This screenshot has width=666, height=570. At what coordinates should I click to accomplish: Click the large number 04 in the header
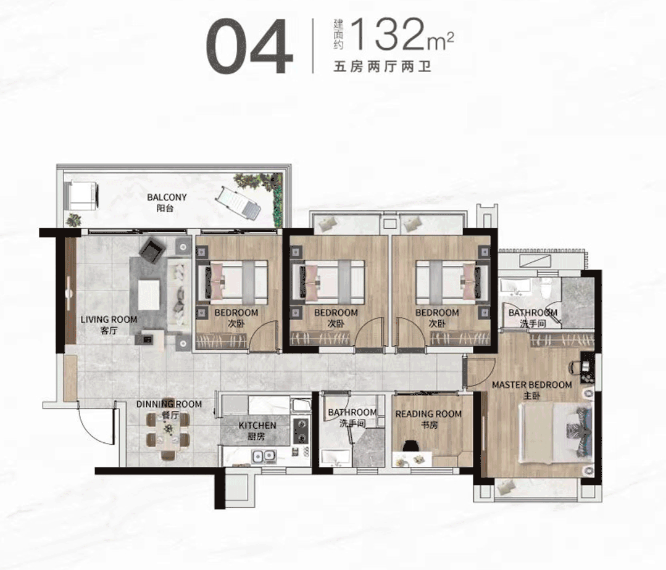[249, 47]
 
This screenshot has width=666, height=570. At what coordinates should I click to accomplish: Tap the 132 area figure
[389, 34]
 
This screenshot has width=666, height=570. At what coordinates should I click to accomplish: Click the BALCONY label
[167, 197]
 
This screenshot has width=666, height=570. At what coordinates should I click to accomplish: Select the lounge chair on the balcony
[238, 203]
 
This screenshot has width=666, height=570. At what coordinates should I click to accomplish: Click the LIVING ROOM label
[109, 320]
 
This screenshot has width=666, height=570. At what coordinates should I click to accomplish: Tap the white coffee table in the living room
[148, 294]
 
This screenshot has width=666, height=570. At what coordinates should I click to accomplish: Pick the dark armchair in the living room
[152, 250]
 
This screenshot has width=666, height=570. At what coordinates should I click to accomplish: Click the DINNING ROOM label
[169, 404]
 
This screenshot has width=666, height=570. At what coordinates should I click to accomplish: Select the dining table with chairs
[168, 435]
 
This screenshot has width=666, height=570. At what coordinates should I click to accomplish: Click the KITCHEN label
[257, 425]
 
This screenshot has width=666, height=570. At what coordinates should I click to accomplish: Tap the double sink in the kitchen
[264, 456]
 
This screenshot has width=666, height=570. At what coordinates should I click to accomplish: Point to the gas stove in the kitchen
[301, 431]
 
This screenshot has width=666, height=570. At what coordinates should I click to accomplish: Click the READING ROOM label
[428, 414]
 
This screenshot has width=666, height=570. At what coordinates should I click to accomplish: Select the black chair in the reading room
[410, 445]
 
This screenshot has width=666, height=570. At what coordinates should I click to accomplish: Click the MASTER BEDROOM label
[532, 385]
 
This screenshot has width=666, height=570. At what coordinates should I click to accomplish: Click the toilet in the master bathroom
[547, 289]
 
